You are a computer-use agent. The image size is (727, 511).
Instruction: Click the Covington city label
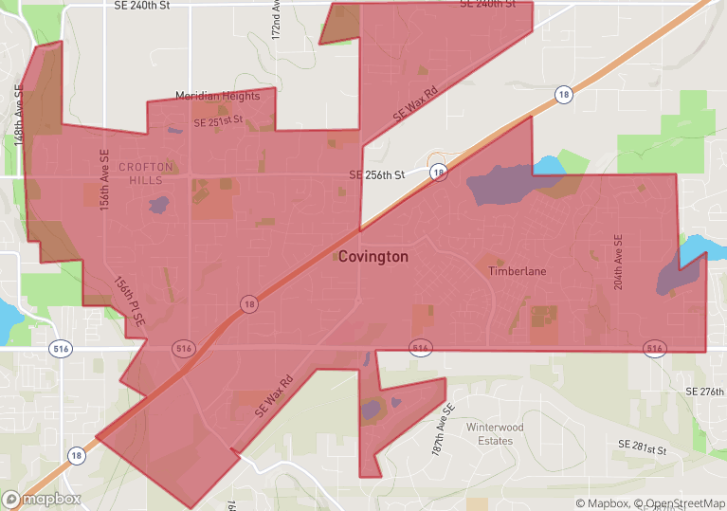373,257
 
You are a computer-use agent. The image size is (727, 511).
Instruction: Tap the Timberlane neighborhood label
517,271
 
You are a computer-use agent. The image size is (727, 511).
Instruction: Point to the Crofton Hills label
146,173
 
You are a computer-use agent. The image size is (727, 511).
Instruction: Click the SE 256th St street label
376,175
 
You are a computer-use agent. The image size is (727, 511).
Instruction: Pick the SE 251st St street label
218,123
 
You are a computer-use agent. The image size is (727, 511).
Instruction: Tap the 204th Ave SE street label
618,263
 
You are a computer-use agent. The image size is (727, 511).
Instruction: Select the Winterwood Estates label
495,433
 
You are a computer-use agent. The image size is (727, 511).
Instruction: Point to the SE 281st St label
644,445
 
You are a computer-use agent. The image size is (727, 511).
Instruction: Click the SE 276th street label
704,391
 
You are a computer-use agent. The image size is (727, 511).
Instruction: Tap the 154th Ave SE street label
105,178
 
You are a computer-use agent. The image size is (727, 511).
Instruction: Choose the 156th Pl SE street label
130,301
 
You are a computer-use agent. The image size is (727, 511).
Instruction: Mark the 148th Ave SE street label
19,114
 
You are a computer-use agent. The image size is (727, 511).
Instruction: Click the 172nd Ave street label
276,19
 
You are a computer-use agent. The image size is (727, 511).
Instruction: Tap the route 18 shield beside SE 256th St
438,173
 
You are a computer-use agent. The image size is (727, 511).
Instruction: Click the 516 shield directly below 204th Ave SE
654,349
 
